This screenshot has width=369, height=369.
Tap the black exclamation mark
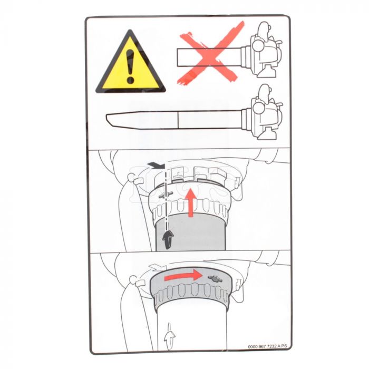pyautogui.click(x=130, y=66)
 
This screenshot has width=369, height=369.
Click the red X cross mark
pyautogui.click(x=211, y=53)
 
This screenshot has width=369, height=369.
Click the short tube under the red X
pyautogui.click(x=209, y=57)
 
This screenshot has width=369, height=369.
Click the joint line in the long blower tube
pyautogui.click(x=178, y=120)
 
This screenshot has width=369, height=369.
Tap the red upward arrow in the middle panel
pyautogui.click(x=191, y=203)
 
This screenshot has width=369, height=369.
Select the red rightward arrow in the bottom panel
pyautogui.click(x=183, y=276)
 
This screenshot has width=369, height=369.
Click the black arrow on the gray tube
pyautogui.click(x=168, y=240)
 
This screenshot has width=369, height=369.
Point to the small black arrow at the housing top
pyautogui.click(x=156, y=166)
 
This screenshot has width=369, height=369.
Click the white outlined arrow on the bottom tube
pyautogui.click(x=170, y=336)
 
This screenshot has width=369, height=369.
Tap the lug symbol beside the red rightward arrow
pyautogui.click(x=215, y=278)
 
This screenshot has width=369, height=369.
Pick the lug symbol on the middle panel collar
pyautogui.click(x=166, y=195)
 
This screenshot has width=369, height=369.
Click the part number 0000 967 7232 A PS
pyautogui.click(x=268, y=346)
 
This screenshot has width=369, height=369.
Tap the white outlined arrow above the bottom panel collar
pyautogui.click(x=158, y=267)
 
